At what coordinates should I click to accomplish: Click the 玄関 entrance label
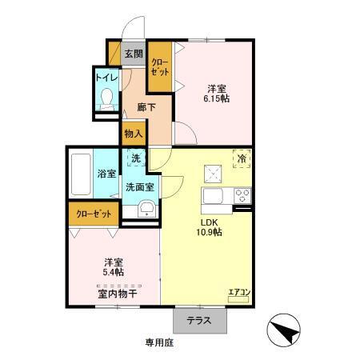[134, 54]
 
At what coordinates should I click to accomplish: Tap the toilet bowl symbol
[106, 100]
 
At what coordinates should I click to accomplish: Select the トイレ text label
[106, 78]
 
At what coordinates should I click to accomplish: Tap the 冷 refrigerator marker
[241, 158]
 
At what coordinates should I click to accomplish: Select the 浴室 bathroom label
[106, 174]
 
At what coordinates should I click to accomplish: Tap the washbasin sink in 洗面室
[147, 210]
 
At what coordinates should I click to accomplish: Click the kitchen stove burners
[241, 196]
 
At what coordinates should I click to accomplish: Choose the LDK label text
[210, 222]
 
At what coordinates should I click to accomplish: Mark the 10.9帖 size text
[210, 233]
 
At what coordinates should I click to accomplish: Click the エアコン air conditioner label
[238, 291]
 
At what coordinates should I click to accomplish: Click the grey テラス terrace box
[199, 320]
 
